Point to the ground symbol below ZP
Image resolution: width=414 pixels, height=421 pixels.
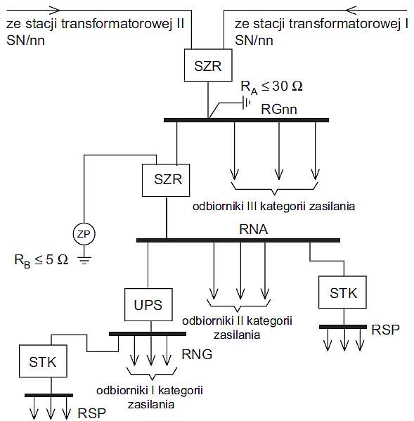pos(84,260)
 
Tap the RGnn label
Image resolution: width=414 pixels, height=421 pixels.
pos(279,109)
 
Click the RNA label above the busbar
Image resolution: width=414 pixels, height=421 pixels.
pos(254,229)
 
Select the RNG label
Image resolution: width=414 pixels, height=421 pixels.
pos(197,354)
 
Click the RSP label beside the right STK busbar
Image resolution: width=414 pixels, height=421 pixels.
pos(385,330)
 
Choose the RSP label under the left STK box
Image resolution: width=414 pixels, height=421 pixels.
pos(91,413)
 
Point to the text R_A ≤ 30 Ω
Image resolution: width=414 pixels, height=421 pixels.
pos(271,87)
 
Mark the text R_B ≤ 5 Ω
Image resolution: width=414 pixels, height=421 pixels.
pos(41,261)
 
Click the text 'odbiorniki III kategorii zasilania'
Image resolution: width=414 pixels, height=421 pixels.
pos(274,207)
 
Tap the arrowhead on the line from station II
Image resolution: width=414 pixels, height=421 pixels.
pos(55,11)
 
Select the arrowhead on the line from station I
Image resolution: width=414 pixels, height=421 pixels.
pos(351,11)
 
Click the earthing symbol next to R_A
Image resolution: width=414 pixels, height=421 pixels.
pos(247,103)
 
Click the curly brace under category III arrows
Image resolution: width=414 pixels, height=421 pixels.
pos(274,189)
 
